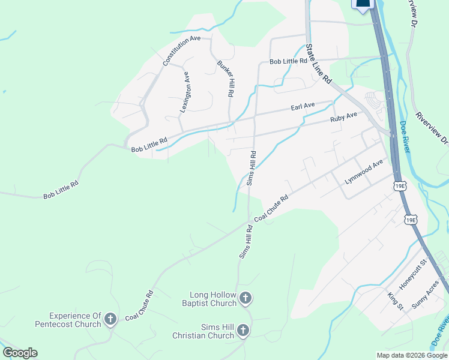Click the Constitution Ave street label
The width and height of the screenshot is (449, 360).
(182, 50)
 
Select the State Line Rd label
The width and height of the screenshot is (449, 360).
(318, 63)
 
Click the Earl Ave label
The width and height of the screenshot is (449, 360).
(303, 106)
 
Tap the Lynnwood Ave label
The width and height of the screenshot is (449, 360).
(364, 172)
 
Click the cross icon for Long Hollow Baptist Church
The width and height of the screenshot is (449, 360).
(245, 298)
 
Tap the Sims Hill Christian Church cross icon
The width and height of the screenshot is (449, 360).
(243, 330)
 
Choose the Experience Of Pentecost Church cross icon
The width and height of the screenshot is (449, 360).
(110, 320)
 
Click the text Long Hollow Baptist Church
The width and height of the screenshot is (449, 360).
(213, 299)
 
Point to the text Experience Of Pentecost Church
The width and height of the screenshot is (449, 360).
(75, 320)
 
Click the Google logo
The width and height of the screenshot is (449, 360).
(20, 353)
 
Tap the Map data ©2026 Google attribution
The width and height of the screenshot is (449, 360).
(411, 355)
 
